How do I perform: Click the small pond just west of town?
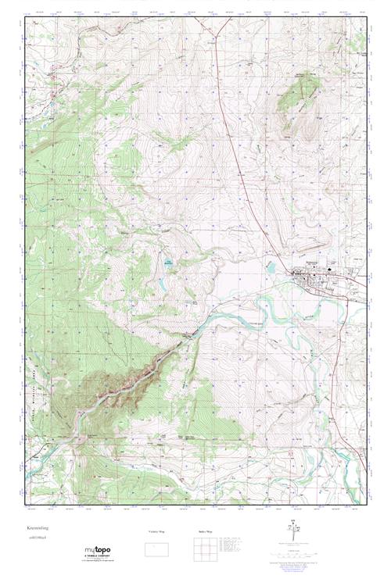(271, 267)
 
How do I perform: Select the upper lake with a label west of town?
(169, 263)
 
